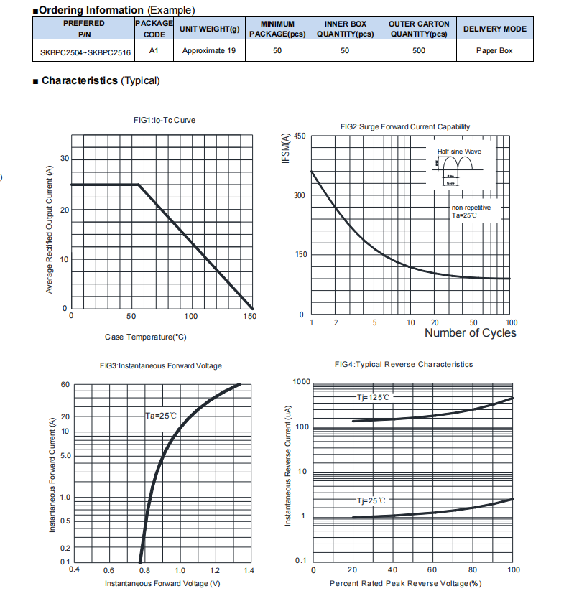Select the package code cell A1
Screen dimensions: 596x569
click(154, 50)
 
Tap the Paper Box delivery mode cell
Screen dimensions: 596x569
click(494, 50)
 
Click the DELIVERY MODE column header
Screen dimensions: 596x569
click(494, 29)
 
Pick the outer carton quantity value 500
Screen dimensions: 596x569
click(419, 50)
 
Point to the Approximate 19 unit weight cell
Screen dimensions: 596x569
click(209, 50)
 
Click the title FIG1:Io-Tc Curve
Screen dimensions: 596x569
click(159, 120)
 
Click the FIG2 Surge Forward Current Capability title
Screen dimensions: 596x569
click(405, 126)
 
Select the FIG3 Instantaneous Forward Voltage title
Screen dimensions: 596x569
click(161, 365)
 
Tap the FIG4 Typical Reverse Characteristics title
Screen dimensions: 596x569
click(404, 364)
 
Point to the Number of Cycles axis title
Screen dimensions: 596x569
click(470, 332)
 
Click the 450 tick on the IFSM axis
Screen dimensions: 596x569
click(300, 136)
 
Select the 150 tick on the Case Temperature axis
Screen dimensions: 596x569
click(249, 316)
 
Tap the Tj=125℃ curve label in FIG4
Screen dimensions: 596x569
click(374, 397)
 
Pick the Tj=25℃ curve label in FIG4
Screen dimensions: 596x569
click(371, 500)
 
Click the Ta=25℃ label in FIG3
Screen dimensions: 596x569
click(161, 416)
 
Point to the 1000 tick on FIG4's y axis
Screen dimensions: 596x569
click(301, 381)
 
